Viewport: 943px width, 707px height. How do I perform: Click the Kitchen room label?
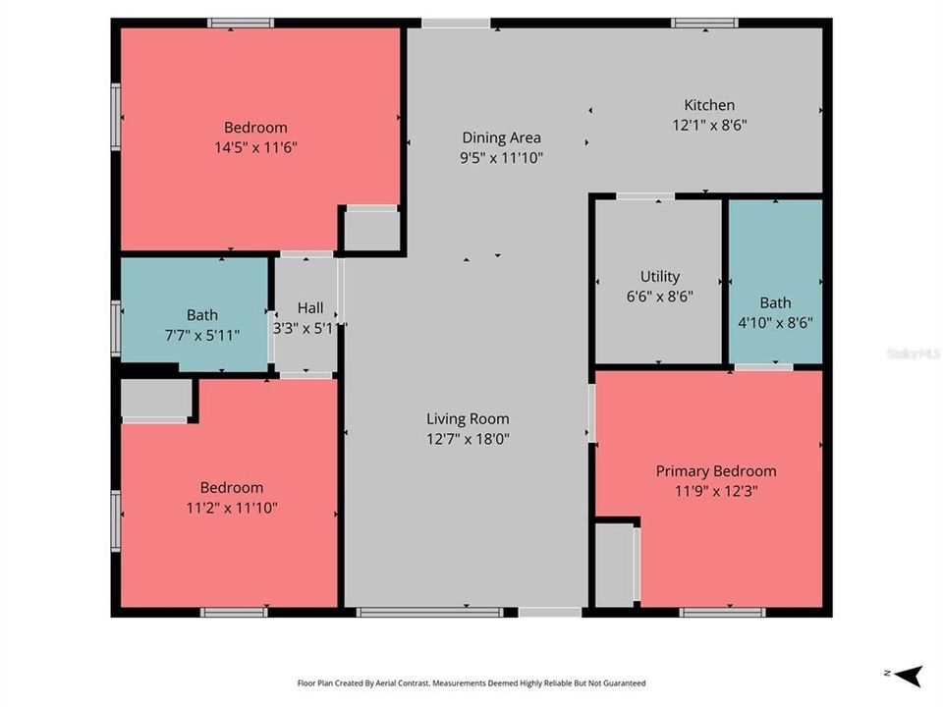(709, 105)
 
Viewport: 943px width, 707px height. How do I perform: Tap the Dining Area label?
(501, 137)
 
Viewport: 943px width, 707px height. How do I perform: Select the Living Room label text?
(468, 419)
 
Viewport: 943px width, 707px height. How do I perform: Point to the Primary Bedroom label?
(715, 471)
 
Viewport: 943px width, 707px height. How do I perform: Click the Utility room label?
(659, 277)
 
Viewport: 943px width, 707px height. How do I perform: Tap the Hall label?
(310, 308)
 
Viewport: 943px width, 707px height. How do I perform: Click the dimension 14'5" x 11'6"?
(255, 147)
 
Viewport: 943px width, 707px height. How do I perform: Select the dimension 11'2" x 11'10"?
(232, 508)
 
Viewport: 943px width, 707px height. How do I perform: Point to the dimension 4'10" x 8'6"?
(775, 322)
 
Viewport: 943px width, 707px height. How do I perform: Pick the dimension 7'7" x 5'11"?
(202, 335)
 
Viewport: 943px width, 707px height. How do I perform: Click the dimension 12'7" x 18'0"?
(468, 439)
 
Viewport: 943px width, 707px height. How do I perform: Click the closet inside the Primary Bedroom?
(615, 565)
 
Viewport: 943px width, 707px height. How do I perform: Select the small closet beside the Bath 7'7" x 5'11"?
(155, 399)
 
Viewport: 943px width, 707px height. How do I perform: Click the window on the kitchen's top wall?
(704, 23)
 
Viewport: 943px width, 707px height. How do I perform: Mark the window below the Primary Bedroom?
(722, 613)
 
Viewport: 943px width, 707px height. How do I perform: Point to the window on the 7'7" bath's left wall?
(116, 329)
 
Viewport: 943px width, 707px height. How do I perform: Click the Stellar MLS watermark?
(913, 352)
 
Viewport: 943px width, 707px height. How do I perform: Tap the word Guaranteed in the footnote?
(623, 682)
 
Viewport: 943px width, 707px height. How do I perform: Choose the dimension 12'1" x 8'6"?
(709, 125)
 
